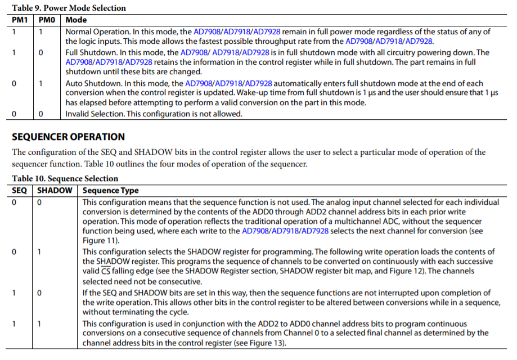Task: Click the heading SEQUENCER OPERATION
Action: point(68,137)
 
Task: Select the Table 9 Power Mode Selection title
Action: point(69,8)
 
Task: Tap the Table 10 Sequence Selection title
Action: point(65,178)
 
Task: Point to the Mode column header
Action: point(77,20)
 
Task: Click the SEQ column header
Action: point(19,190)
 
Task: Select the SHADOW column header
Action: point(55,190)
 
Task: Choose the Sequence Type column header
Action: point(110,190)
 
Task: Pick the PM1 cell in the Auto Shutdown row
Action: point(14,83)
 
